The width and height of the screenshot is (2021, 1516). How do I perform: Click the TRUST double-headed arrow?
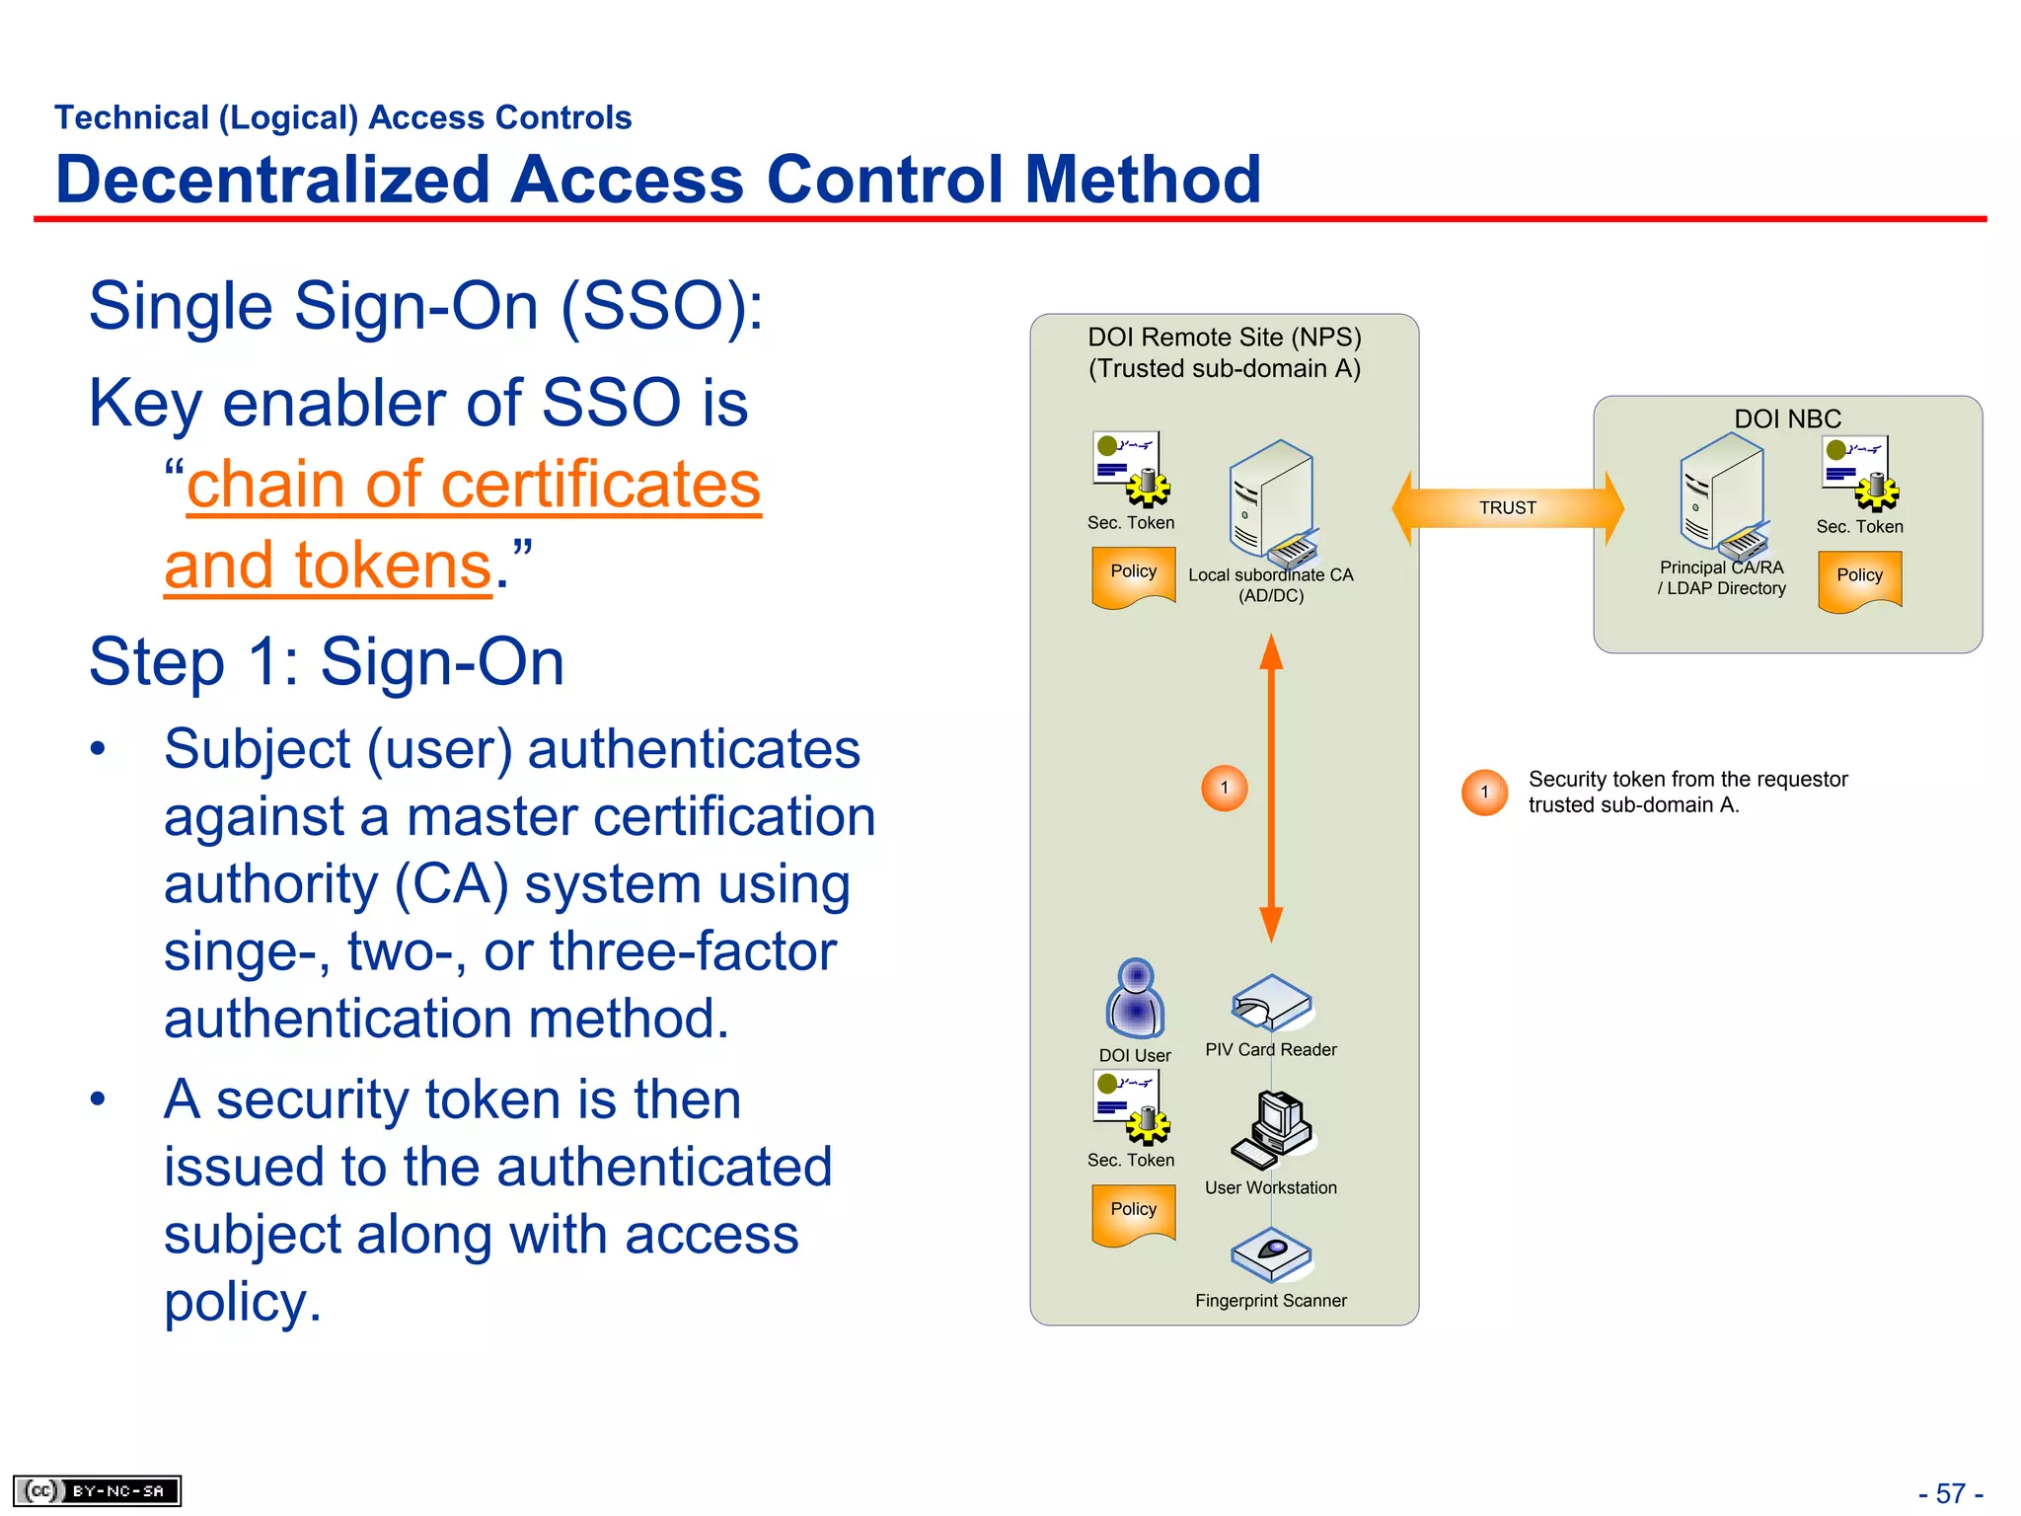pos(1507,507)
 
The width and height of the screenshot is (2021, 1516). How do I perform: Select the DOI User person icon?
pos(1136,999)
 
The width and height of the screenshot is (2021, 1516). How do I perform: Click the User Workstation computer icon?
pos(1271,1130)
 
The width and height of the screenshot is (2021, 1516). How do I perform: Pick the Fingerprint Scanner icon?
pos(1271,1253)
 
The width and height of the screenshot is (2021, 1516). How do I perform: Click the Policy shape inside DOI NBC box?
pos(1859,579)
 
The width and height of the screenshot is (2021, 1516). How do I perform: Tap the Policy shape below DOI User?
pos(1133,1213)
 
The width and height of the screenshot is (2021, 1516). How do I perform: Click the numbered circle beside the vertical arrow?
pos(1225,788)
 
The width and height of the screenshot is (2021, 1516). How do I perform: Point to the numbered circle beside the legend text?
pos(1484,792)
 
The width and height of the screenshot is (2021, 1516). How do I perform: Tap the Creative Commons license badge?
pos(97,1490)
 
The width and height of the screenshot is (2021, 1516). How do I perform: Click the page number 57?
pos(1950,1493)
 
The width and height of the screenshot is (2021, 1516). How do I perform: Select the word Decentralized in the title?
pos(272,180)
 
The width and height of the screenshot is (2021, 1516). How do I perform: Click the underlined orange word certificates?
pos(600,485)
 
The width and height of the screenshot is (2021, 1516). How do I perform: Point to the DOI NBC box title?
pos(1787,418)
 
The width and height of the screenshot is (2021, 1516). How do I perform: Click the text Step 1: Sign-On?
pos(327,660)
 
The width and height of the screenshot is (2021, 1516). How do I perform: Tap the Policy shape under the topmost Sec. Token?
pos(1133,575)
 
